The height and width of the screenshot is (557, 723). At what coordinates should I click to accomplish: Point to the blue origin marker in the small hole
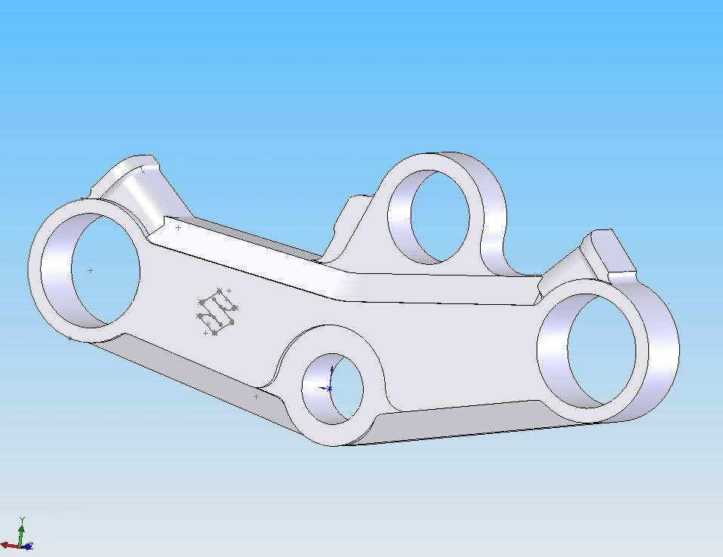pyautogui.click(x=330, y=388)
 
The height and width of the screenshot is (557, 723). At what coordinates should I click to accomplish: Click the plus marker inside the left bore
pyautogui.click(x=91, y=270)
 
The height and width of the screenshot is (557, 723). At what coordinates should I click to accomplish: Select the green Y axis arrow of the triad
pyautogui.click(x=23, y=528)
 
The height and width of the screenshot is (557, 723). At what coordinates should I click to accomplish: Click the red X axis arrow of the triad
pyautogui.click(x=9, y=545)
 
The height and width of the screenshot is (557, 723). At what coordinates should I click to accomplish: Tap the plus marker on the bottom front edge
pyautogui.click(x=256, y=396)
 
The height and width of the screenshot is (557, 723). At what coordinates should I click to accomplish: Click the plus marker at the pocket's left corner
pyautogui.click(x=178, y=227)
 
